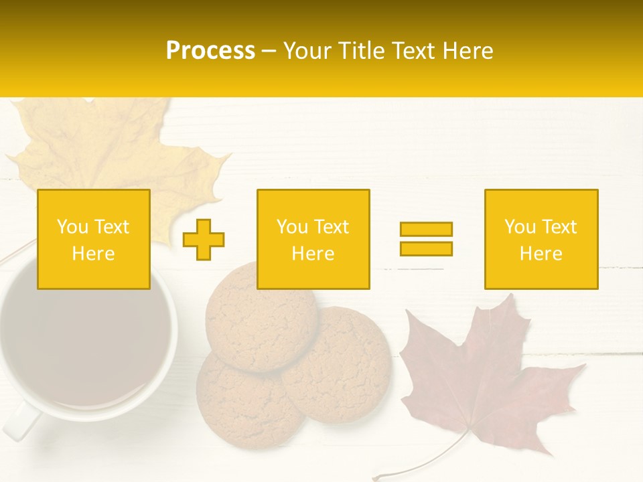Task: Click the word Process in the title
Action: point(210,50)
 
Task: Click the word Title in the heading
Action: point(360,50)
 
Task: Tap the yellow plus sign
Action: point(204,240)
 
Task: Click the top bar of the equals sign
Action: point(426,229)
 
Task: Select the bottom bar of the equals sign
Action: point(426,248)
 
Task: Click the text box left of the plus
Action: point(94,239)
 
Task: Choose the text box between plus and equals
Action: point(313,239)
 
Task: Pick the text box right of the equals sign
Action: point(541,239)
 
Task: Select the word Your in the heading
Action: point(309,50)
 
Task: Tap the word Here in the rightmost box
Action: point(541,254)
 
